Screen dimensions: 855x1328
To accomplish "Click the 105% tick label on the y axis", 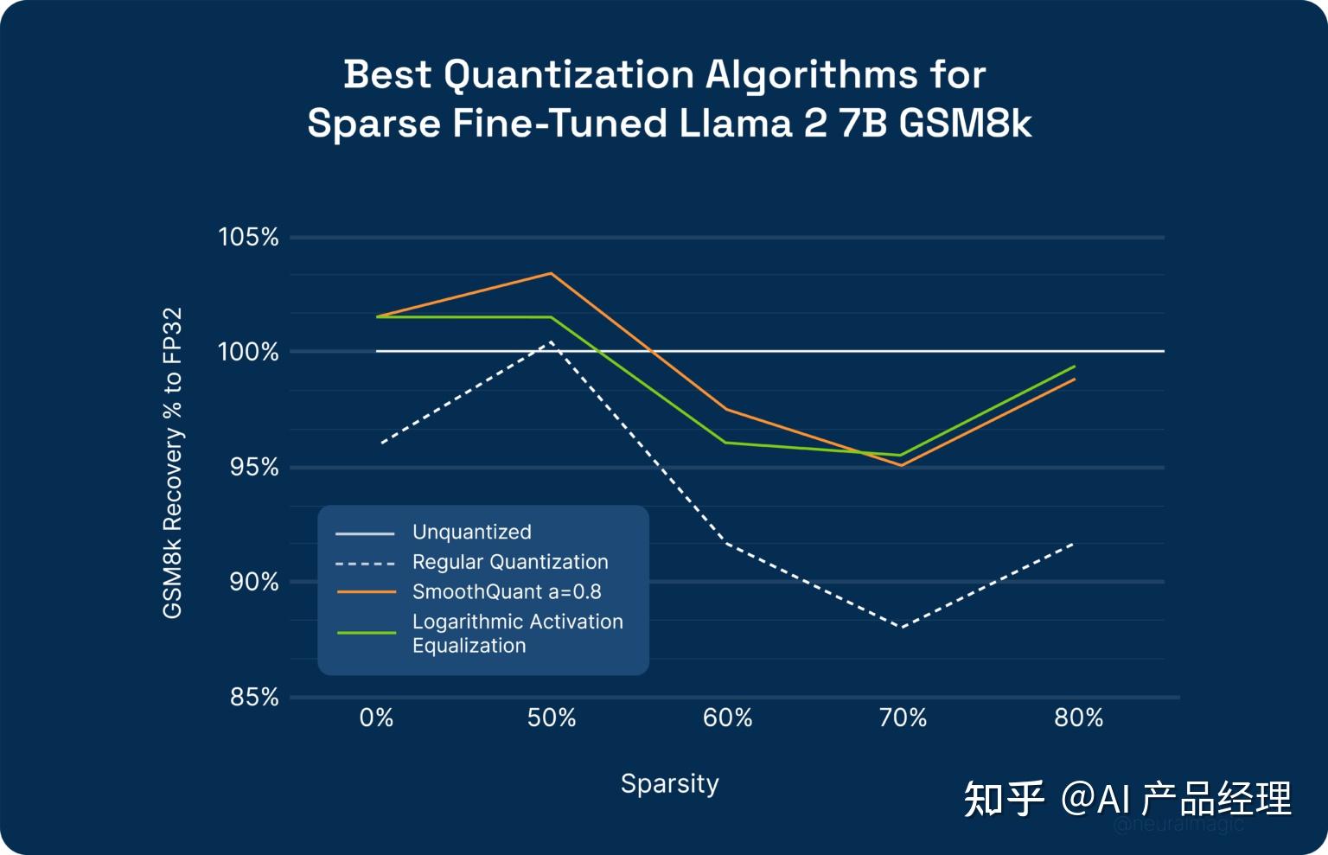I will pos(248,237).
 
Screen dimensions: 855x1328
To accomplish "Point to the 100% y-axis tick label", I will pos(248,352).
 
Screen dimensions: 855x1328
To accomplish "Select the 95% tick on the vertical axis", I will pos(253,468).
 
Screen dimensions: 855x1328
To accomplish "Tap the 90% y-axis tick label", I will pos(253,582).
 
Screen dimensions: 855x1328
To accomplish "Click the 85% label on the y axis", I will pos(253,697).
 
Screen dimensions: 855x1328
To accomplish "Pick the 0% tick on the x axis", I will pos(376,718).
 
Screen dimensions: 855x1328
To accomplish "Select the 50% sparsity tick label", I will pos(552,718).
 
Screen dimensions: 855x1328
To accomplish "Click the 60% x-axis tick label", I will pos(727,718).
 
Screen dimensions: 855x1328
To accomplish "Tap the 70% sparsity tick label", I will pos(903,718).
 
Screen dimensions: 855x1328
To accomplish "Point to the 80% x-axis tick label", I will pos(1078,718).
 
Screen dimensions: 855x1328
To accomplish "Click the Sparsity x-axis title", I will pos(669,783).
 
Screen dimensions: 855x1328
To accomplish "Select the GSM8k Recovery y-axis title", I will pos(173,463).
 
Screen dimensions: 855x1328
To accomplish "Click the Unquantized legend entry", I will pos(471,532).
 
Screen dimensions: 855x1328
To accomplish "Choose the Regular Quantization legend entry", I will pos(510,562).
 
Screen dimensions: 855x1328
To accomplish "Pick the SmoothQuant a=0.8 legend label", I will pos(507,591).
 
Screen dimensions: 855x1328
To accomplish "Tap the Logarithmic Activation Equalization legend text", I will pos(517,634).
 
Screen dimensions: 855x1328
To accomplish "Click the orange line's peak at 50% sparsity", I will pos(552,274).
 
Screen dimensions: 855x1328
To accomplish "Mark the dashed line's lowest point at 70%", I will pos(902,626).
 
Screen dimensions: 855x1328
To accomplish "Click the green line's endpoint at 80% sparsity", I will pos(1075,367).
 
